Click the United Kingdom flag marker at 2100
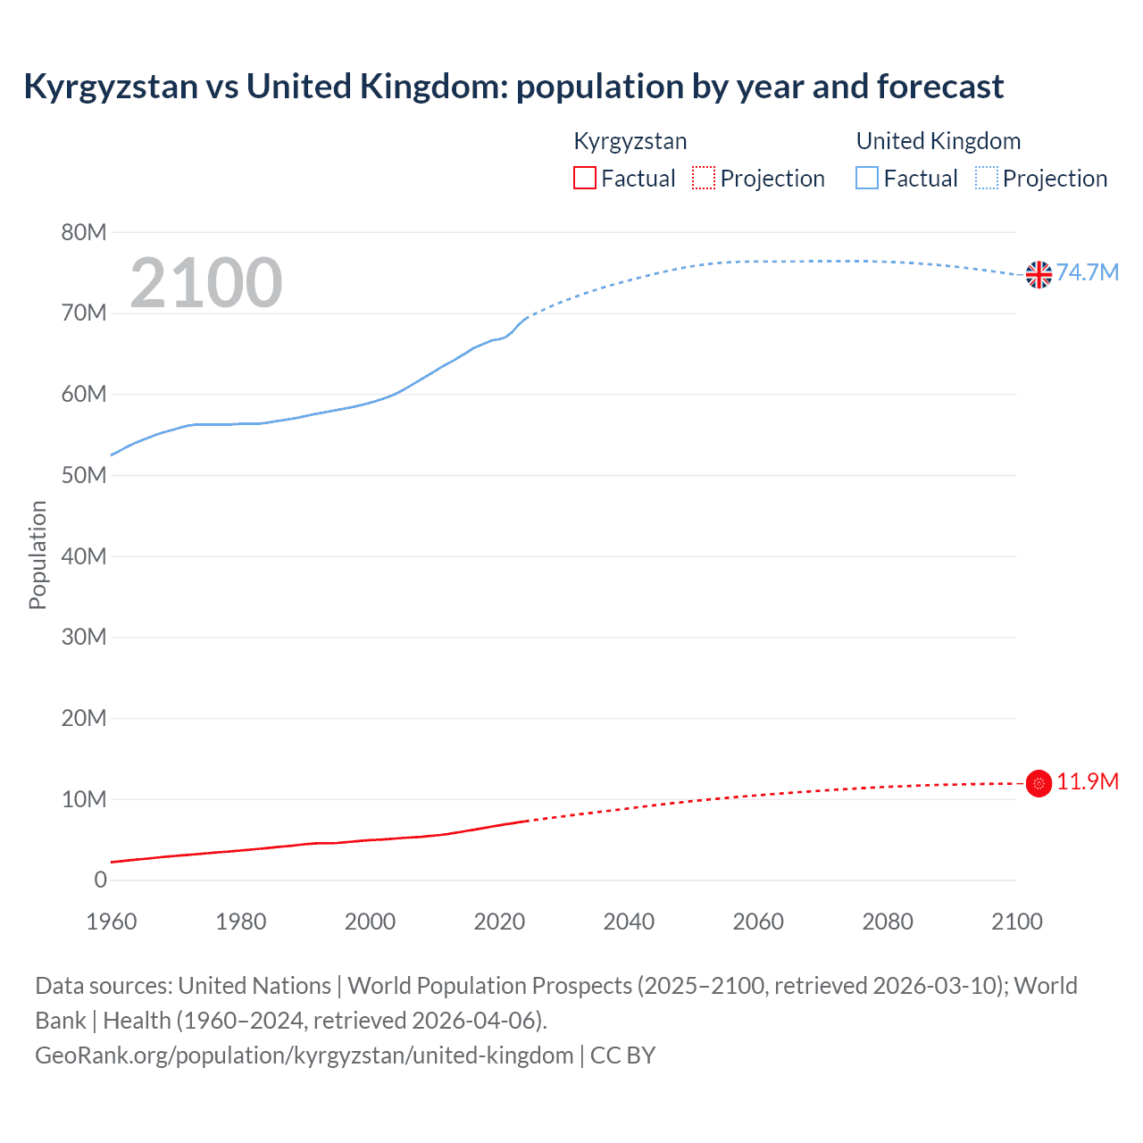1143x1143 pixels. coord(1039,274)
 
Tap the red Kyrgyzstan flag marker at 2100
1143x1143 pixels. coord(1039,783)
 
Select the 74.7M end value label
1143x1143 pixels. coord(1087,272)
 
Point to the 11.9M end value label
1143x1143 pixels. coord(1087,781)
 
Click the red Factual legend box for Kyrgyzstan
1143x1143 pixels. coord(584,179)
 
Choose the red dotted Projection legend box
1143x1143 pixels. coord(704,179)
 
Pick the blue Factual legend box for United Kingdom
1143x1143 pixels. coord(867,179)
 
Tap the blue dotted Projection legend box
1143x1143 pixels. coord(986,179)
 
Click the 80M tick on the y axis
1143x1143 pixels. coord(84,233)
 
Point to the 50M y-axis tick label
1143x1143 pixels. coord(84,476)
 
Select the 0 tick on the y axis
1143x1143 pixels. coord(100,880)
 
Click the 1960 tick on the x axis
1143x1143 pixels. coord(112,922)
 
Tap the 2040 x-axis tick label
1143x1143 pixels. coord(629,922)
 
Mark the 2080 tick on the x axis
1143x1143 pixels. coord(888,922)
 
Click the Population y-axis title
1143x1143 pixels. coord(38,555)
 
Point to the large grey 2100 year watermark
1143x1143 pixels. coord(206,283)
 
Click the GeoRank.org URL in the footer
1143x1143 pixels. coord(304,1055)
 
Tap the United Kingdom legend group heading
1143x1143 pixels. coord(938,141)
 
